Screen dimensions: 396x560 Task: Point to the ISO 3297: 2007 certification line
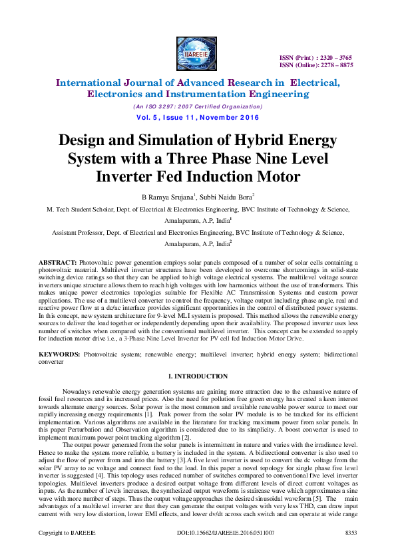(x=198, y=106)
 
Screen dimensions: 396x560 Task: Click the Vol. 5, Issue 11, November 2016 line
(x=198, y=118)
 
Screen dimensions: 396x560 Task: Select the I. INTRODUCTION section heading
(x=198, y=377)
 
